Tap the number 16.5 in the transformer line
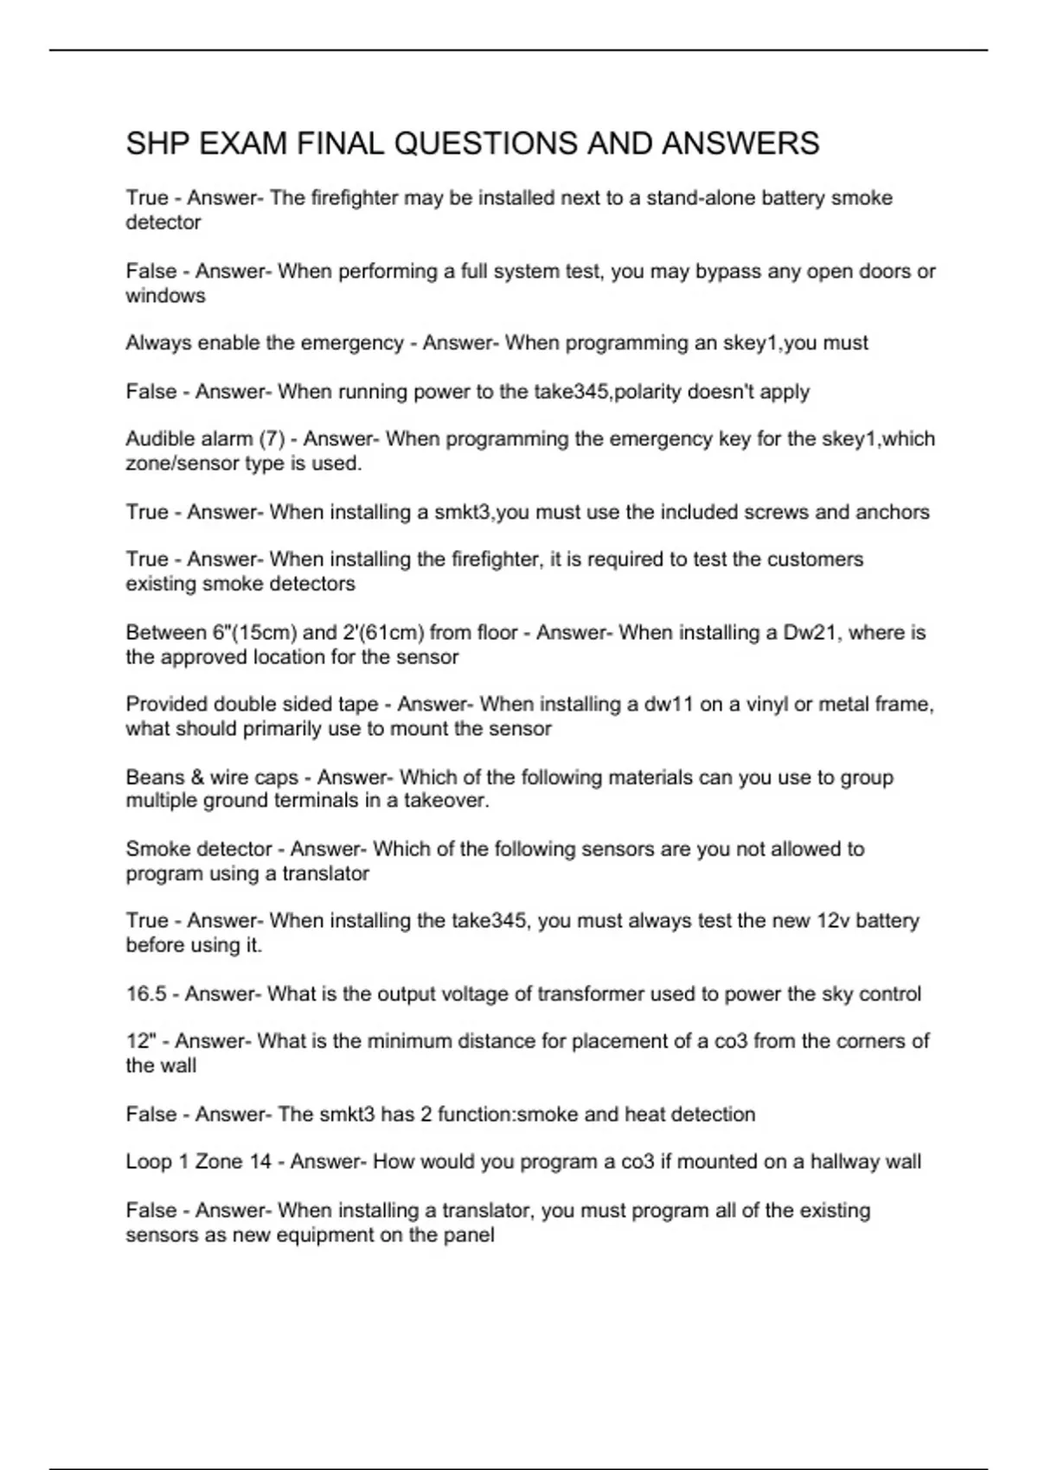[145, 994]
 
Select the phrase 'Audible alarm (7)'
[205, 439]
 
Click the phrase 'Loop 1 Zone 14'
[198, 1161]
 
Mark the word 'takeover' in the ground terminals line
[445, 801]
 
